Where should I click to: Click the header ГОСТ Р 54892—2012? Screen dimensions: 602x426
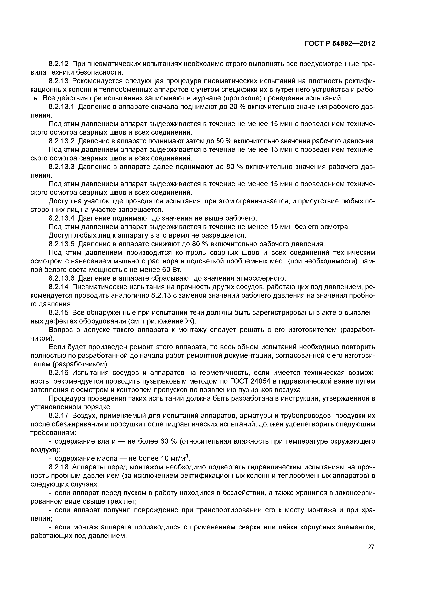[x=340, y=44]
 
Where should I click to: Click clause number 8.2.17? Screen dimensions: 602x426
[x=59, y=416]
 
